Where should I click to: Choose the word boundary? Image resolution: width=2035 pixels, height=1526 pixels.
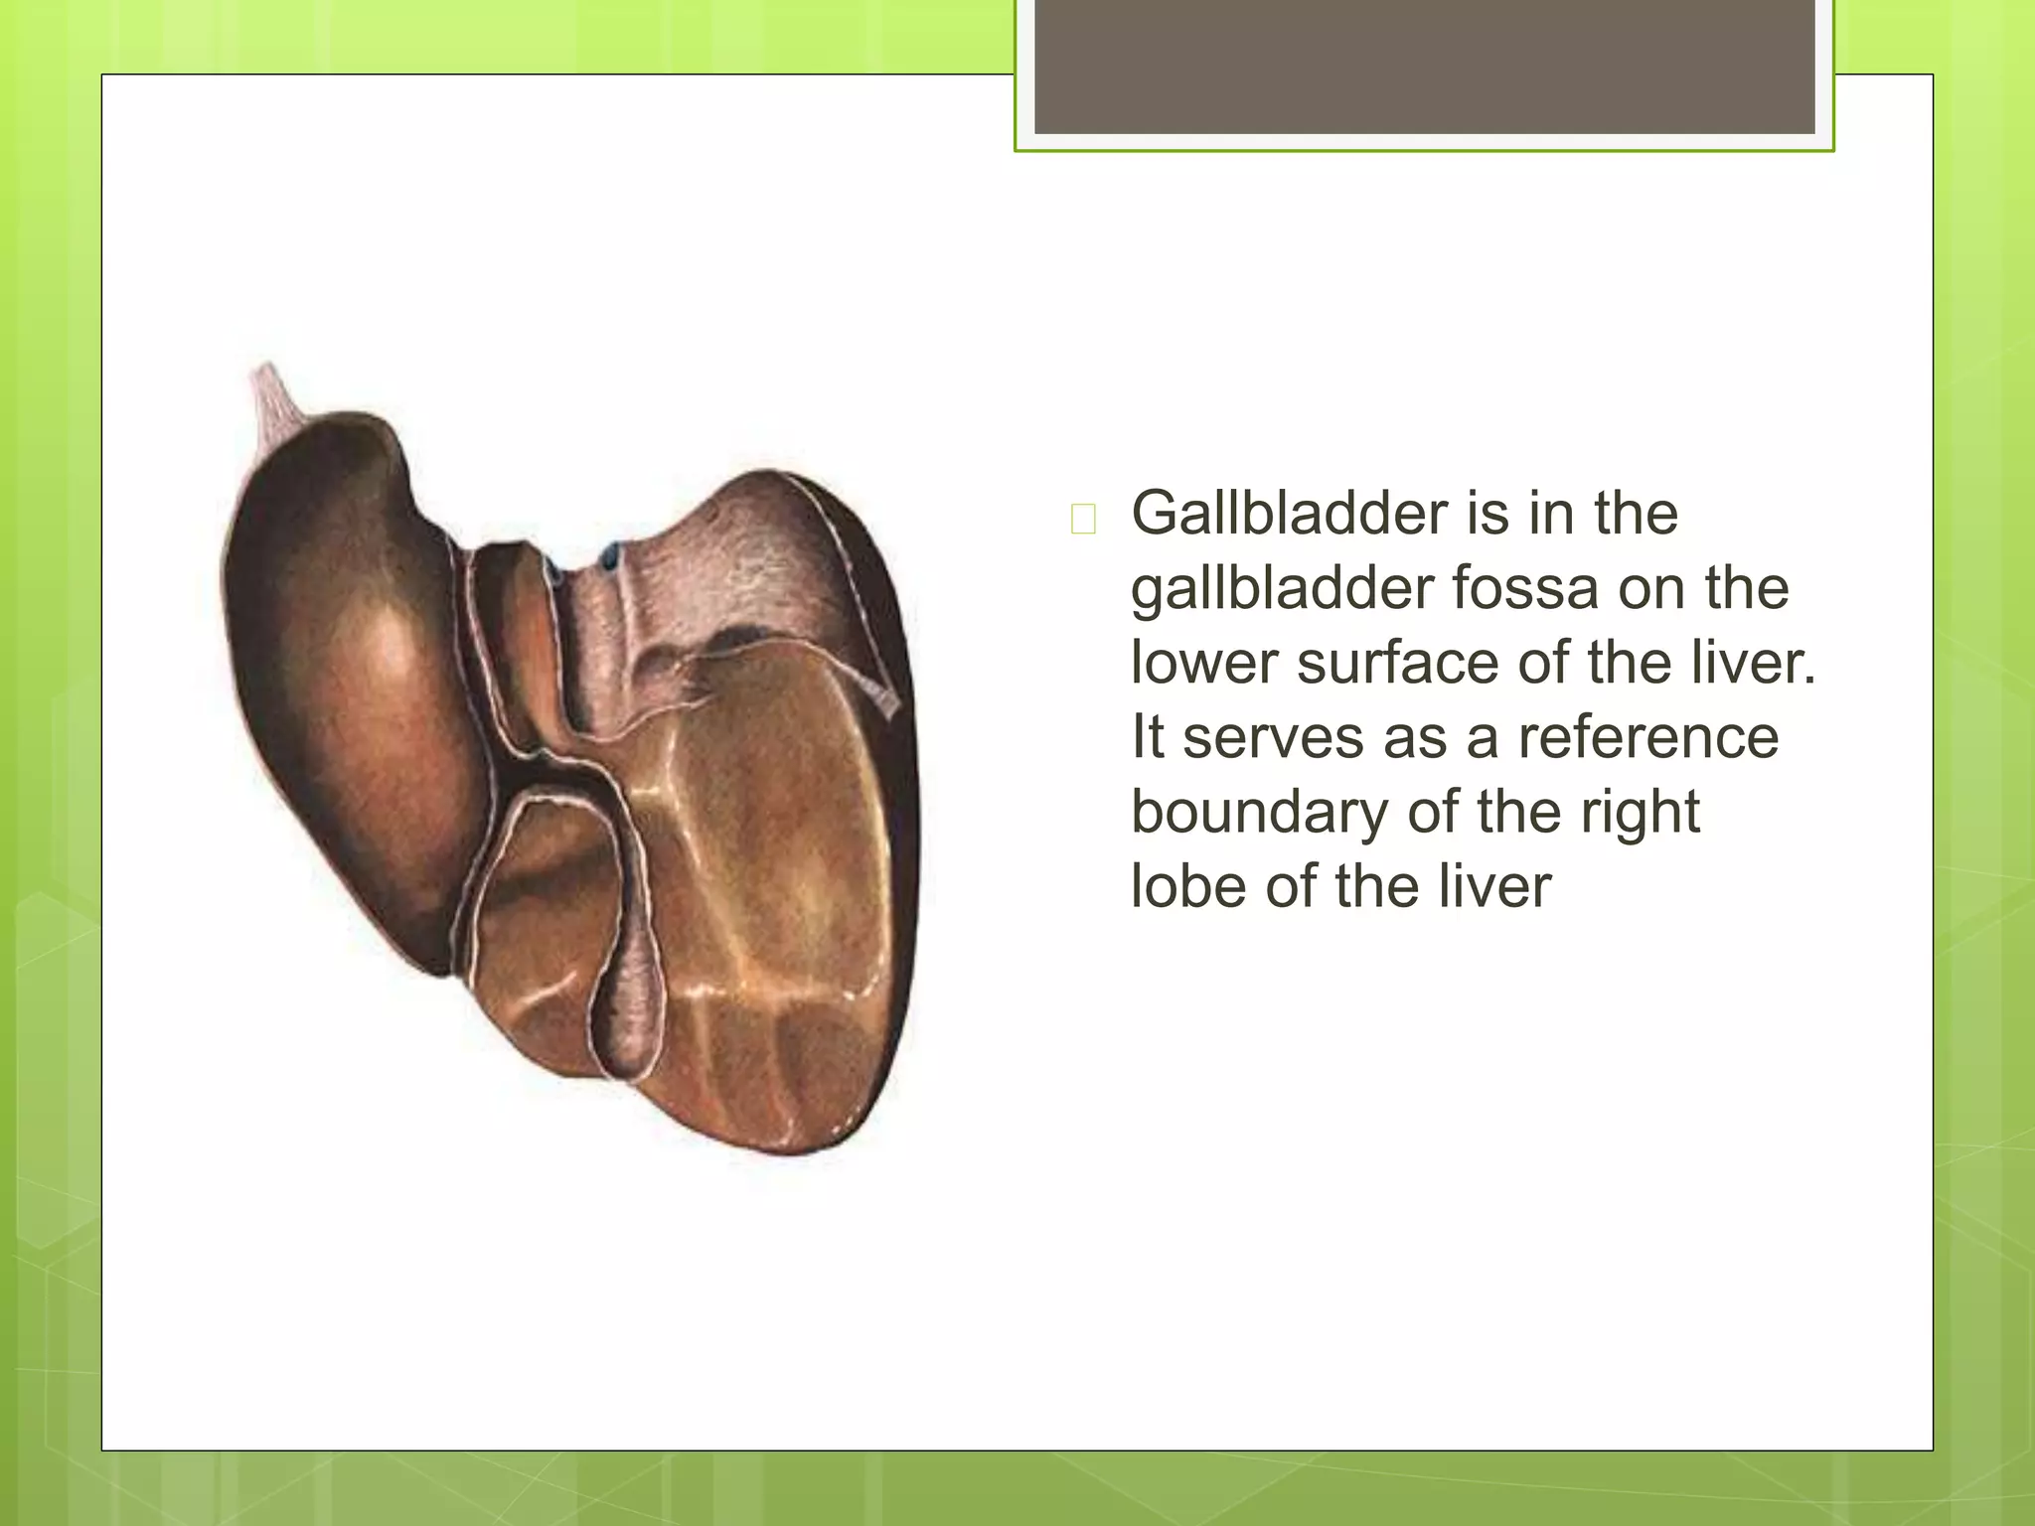tap(1260, 812)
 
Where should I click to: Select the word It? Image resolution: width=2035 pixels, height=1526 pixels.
tap(1148, 737)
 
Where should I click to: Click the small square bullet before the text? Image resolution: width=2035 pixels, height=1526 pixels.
tap(1083, 519)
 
